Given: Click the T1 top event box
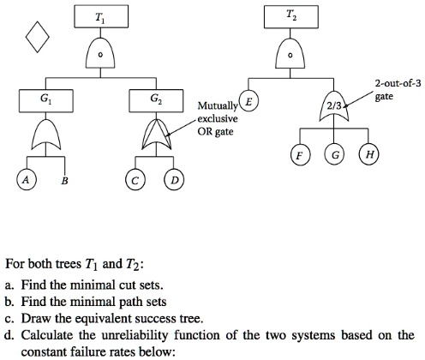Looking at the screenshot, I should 101,17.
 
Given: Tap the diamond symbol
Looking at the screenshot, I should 37,36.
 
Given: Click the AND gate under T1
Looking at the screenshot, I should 101,54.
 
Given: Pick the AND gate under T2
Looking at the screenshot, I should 292,55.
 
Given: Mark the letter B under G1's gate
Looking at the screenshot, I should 65,181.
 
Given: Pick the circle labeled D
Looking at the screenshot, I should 175,180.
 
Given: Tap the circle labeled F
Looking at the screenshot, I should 297,157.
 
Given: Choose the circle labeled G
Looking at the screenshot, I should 333,157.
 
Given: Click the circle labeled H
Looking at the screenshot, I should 369,157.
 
